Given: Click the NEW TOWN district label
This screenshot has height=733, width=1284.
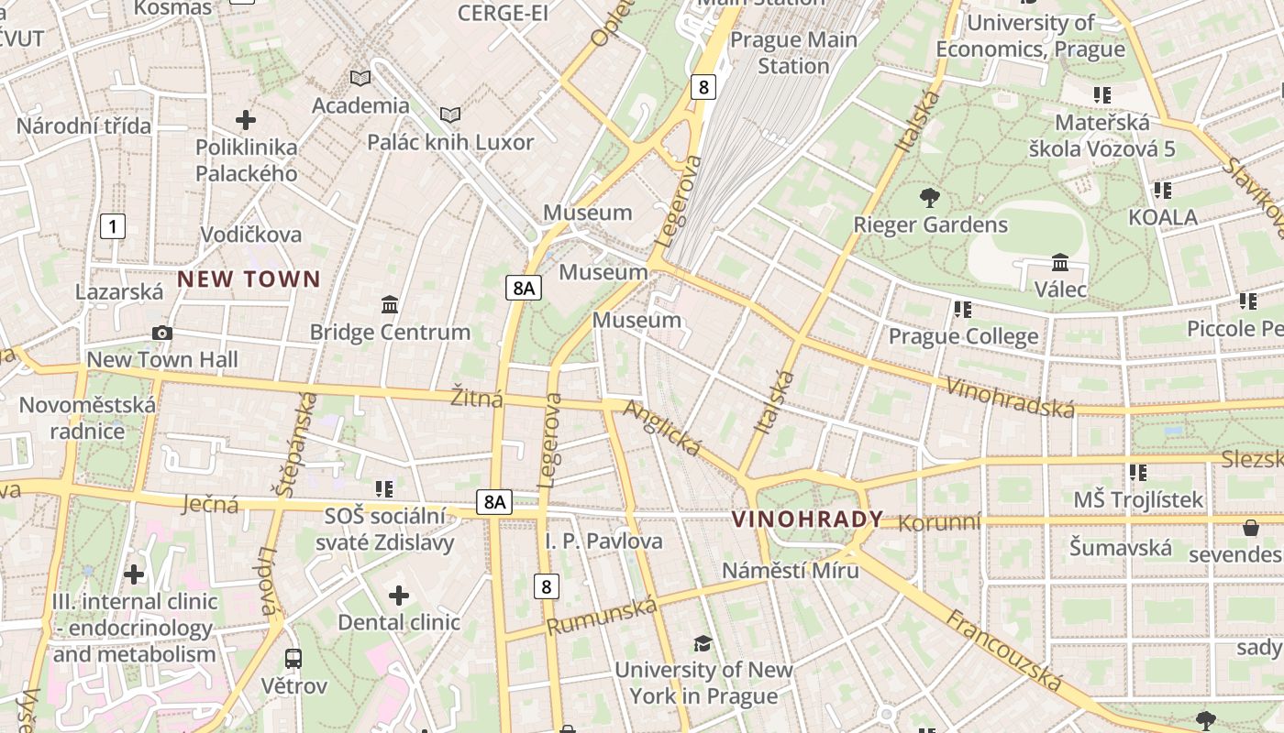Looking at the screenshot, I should tap(249, 279).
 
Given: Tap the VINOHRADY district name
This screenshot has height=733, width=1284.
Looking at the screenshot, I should tap(807, 520).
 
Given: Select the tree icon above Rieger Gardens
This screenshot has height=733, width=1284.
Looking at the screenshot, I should tap(929, 197).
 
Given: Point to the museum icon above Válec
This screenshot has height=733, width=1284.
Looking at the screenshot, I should tap(1060, 263).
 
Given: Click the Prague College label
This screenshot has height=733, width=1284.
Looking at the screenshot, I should tap(963, 336).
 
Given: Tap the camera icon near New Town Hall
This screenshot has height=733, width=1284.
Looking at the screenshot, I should tap(162, 333).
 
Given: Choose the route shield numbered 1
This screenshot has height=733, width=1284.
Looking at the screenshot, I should tap(112, 226).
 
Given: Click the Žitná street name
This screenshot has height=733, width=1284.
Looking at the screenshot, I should tap(477, 399).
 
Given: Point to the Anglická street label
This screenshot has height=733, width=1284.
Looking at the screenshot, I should tap(662, 428).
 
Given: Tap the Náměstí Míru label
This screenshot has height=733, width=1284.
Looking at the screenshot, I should tap(790, 570).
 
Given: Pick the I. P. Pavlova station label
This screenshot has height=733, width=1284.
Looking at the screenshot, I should tap(603, 541).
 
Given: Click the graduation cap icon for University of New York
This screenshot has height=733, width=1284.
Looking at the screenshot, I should tap(703, 643).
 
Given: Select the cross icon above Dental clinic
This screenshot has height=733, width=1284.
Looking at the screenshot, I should tap(399, 596).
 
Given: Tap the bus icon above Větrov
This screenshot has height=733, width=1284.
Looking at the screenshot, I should tap(293, 658).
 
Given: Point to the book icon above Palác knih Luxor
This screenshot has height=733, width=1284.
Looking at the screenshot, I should tap(449, 115).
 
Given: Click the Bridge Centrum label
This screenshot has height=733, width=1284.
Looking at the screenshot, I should tap(390, 332).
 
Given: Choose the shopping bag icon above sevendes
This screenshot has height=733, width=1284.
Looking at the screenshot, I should tap(1250, 528).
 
